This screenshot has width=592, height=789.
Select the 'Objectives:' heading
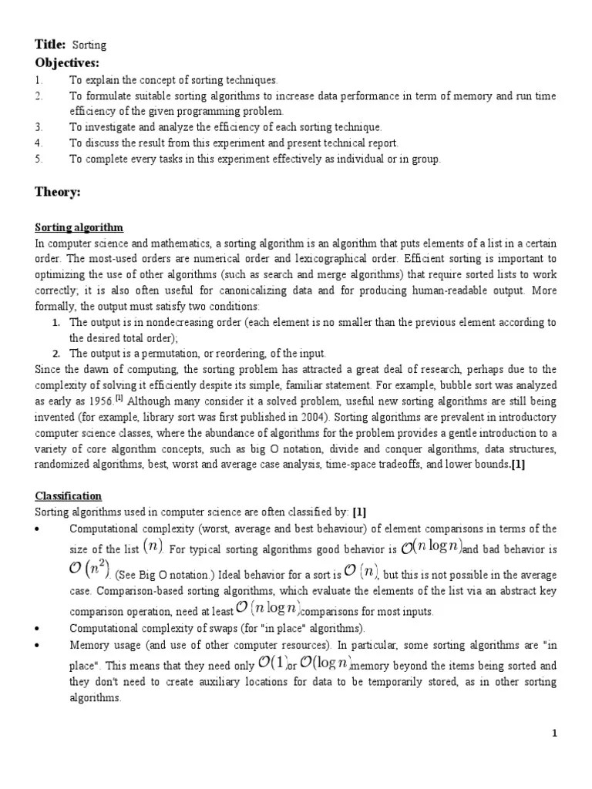click(68, 62)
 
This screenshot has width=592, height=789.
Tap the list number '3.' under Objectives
click(39, 126)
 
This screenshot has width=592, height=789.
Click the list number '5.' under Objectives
click(39, 159)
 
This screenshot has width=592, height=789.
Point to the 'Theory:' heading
click(57, 192)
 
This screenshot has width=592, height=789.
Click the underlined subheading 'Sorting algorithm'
click(79, 227)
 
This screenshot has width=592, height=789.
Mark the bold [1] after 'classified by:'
click(359, 512)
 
